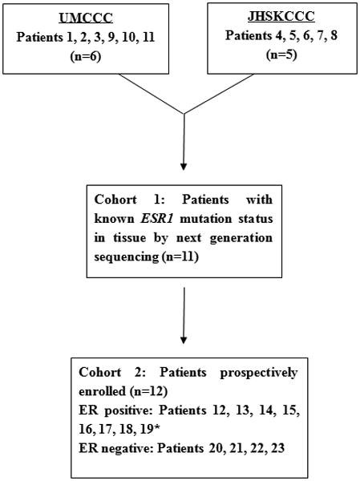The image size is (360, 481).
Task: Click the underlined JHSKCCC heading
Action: (275, 16)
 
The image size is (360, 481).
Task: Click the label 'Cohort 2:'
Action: (105, 373)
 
